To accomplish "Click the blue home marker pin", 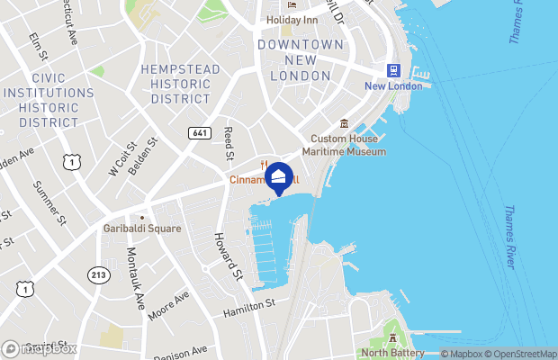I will [279, 177].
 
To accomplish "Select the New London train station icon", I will [393, 70].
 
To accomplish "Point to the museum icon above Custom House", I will [343, 123].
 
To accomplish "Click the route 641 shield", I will [200, 133].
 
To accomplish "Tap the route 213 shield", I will [98, 274].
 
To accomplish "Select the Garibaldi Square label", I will [141, 229].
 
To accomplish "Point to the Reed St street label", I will [229, 143].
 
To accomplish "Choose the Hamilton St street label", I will [248, 307].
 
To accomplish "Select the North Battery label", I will [392, 352].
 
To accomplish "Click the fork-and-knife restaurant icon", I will [264, 165].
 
